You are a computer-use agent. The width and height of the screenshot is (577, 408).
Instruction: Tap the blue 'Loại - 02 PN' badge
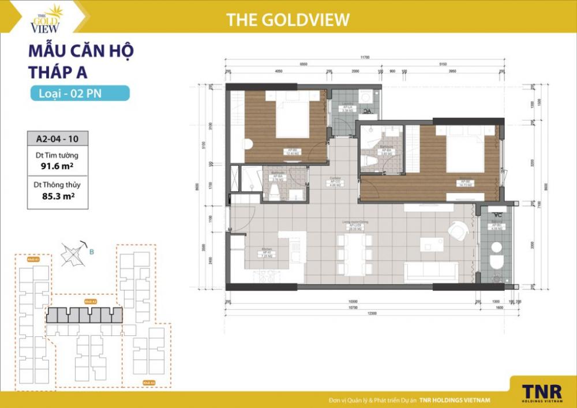[80, 93]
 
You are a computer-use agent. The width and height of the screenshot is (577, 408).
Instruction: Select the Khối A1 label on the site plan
[33, 260]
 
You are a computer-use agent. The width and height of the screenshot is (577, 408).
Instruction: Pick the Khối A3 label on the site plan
[149, 382]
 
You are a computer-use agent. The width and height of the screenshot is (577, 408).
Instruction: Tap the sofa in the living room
[432, 271]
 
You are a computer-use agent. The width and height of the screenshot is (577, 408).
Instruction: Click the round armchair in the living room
[458, 232]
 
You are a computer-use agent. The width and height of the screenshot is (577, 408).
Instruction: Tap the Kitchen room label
[266, 252]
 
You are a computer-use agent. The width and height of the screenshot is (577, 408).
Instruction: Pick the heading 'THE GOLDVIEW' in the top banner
[288, 20]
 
